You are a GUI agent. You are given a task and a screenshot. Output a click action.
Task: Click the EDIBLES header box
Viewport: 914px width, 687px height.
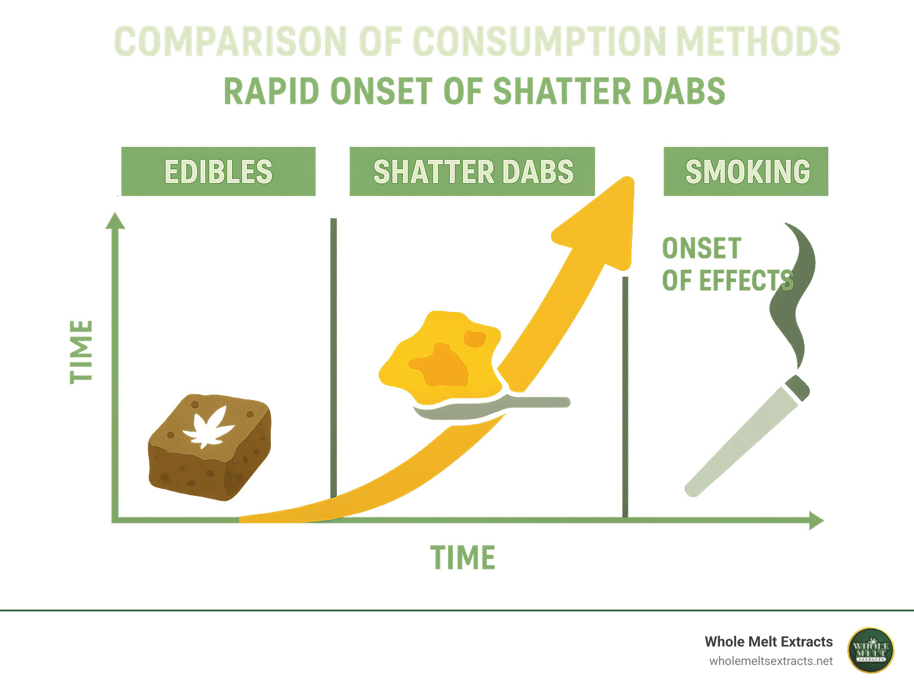[x=218, y=171]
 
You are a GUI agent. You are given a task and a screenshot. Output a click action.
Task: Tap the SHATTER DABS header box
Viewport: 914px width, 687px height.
[x=472, y=171]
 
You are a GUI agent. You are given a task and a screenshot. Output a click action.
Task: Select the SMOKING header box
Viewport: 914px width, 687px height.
[x=746, y=171]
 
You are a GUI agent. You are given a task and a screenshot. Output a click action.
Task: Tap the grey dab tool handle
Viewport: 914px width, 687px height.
[x=536, y=403]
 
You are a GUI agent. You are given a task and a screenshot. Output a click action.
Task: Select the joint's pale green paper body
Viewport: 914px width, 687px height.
[x=738, y=444]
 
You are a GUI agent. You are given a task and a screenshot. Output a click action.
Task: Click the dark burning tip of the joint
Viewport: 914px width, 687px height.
[x=797, y=387]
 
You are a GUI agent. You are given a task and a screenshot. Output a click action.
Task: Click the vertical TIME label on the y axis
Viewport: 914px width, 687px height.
[x=82, y=351]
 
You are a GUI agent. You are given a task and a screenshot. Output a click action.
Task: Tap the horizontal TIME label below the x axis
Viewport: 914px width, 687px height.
[x=463, y=558]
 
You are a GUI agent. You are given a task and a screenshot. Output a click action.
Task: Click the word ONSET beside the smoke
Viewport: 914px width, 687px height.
[x=702, y=249]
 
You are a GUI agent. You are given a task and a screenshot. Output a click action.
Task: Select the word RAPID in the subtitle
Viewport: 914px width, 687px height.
[x=271, y=92]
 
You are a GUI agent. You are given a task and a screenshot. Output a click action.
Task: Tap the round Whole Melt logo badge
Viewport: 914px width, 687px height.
[x=871, y=650]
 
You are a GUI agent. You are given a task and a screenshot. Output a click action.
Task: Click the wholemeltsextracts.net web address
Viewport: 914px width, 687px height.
[x=771, y=661]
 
